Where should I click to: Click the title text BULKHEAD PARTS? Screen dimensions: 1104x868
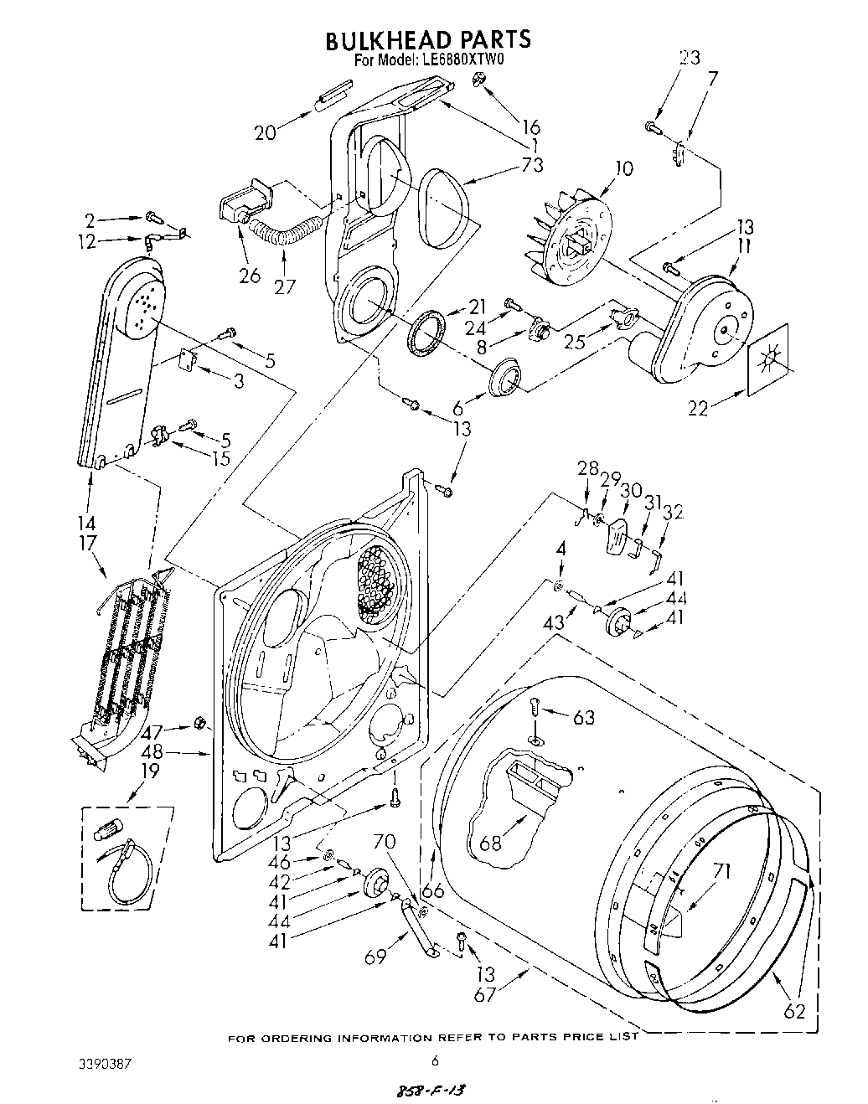(x=427, y=39)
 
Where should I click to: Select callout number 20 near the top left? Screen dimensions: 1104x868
(x=265, y=132)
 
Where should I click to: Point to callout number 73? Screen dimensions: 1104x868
(x=531, y=164)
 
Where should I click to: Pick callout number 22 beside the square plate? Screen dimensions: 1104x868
(x=698, y=408)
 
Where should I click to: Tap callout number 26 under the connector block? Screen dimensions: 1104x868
(x=250, y=274)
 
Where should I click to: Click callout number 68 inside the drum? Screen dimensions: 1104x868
(x=490, y=842)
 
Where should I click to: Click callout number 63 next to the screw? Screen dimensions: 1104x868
(x=583, y=717)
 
